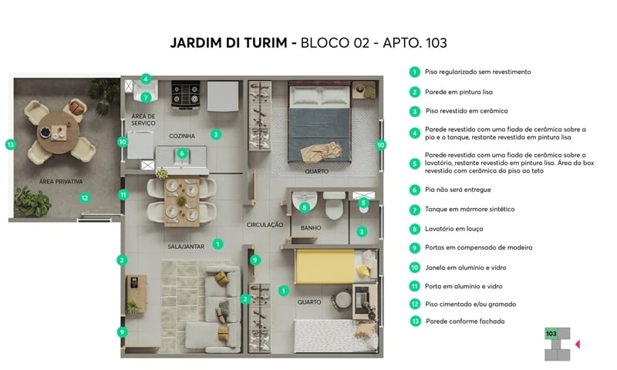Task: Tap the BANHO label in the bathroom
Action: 311,228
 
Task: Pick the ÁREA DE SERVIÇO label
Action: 143,120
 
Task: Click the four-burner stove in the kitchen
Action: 187,95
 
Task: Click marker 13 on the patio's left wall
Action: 10,144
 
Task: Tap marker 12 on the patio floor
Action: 85,198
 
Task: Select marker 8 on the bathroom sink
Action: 305,207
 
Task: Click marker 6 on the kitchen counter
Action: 181,153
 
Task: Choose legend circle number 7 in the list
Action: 415,209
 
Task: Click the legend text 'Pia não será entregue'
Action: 458,189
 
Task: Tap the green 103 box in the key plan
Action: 551,334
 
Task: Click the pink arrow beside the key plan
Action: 578,343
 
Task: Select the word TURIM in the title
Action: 268,43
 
